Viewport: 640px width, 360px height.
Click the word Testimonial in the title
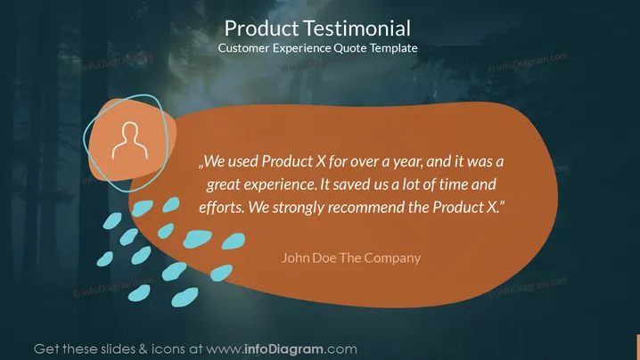pos(357,29)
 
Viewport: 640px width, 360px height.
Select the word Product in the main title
pos(262,29)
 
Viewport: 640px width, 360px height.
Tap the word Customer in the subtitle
pos(243,48)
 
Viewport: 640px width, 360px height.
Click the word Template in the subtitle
pos(393,48)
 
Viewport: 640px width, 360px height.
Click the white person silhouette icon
pos(130,141)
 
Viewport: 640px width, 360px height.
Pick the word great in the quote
pos(222,184)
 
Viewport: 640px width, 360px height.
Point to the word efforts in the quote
pos(222,207)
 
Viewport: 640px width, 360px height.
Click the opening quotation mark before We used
pos(201,166)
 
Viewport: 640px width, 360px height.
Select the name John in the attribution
pos(295,258)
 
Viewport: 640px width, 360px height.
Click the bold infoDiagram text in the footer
pos(284,349)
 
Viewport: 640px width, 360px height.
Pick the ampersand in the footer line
pos(144,349)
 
